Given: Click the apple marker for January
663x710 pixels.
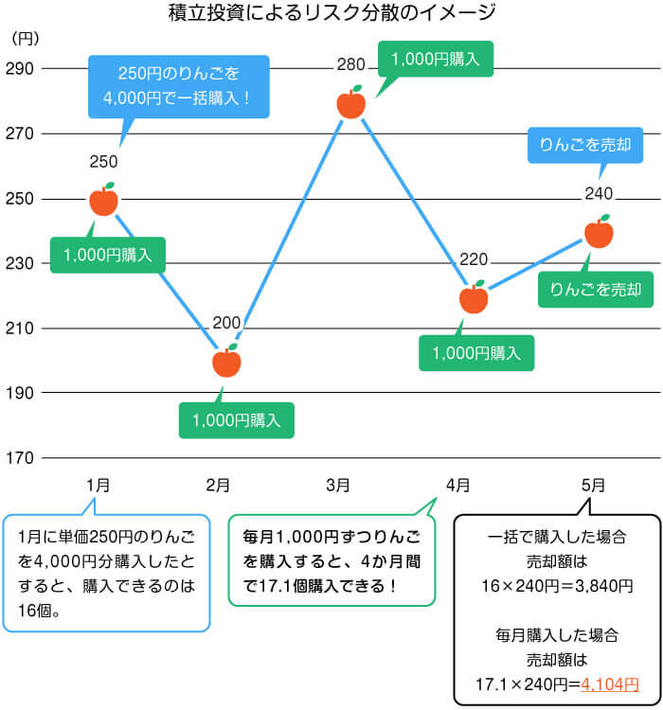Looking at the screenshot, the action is [104, 200].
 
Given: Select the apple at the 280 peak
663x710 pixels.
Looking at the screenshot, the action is [351, 102].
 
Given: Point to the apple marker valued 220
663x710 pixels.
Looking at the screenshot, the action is [474, 297].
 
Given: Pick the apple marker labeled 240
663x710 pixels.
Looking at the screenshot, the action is [599, 232].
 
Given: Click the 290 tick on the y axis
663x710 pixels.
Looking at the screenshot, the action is [20, 69].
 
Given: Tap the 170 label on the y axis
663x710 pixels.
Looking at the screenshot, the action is [20, 458].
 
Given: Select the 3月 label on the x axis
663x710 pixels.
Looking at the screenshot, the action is [338, 486].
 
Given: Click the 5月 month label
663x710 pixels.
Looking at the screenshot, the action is [593, 486].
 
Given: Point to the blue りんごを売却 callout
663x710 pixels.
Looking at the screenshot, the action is [585, 145].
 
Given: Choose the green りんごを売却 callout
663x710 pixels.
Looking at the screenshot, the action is [596, 290].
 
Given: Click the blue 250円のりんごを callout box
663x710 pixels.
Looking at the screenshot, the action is [179, 86].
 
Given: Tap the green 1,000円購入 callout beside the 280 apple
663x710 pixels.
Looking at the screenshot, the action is [436, 59].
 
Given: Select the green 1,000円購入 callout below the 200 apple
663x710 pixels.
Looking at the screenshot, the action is [236, 420].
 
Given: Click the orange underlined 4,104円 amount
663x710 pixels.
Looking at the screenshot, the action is [610, 684].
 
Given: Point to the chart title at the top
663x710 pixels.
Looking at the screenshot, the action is [331, 12].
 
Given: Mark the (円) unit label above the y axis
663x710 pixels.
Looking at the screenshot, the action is [26, 39].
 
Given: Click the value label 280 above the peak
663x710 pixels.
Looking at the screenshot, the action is [350, 64].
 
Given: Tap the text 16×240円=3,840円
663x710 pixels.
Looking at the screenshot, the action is [557, 586].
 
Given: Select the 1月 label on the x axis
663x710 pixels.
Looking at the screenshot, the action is [99, 486].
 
